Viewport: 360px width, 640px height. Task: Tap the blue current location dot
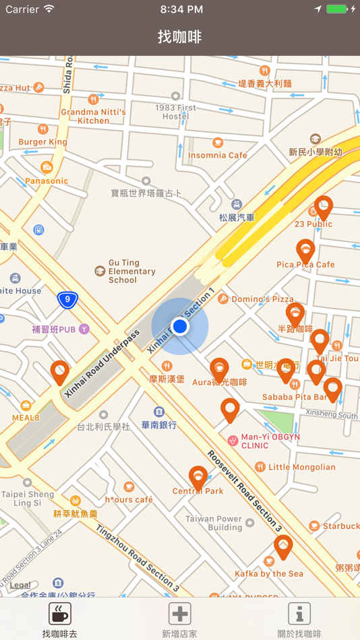(x=179, y=327)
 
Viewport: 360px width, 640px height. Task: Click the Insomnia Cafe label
(x=217, y=155)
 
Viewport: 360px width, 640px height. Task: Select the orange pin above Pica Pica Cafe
(x=305, y=251)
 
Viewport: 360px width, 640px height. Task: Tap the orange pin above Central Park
(x=198, y=478)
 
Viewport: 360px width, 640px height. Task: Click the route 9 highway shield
(x=67, y=300)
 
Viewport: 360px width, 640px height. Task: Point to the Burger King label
(x=42, y=141)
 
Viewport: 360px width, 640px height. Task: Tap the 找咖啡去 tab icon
(x=59, y=614)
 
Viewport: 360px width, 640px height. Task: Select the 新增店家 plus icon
(x=179, y=614)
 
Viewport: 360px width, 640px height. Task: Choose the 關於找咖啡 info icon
(x=299, y=614)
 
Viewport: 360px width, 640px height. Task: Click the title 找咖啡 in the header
(x=180, y=36)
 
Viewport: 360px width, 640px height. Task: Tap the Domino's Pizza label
(x=262, y=298)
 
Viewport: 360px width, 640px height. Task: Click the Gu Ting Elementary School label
(x=131, y=271)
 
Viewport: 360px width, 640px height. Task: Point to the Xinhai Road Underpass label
(x=102, y=363)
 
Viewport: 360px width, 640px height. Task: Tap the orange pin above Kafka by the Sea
(x=283, y=546)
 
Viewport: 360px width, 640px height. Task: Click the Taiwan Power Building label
(x=214, y=523)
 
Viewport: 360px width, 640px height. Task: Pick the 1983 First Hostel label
(x=175, y=112)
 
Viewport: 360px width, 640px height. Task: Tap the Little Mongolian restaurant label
(x=301, y=467)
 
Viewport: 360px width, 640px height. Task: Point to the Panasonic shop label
(x=47, y=181)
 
